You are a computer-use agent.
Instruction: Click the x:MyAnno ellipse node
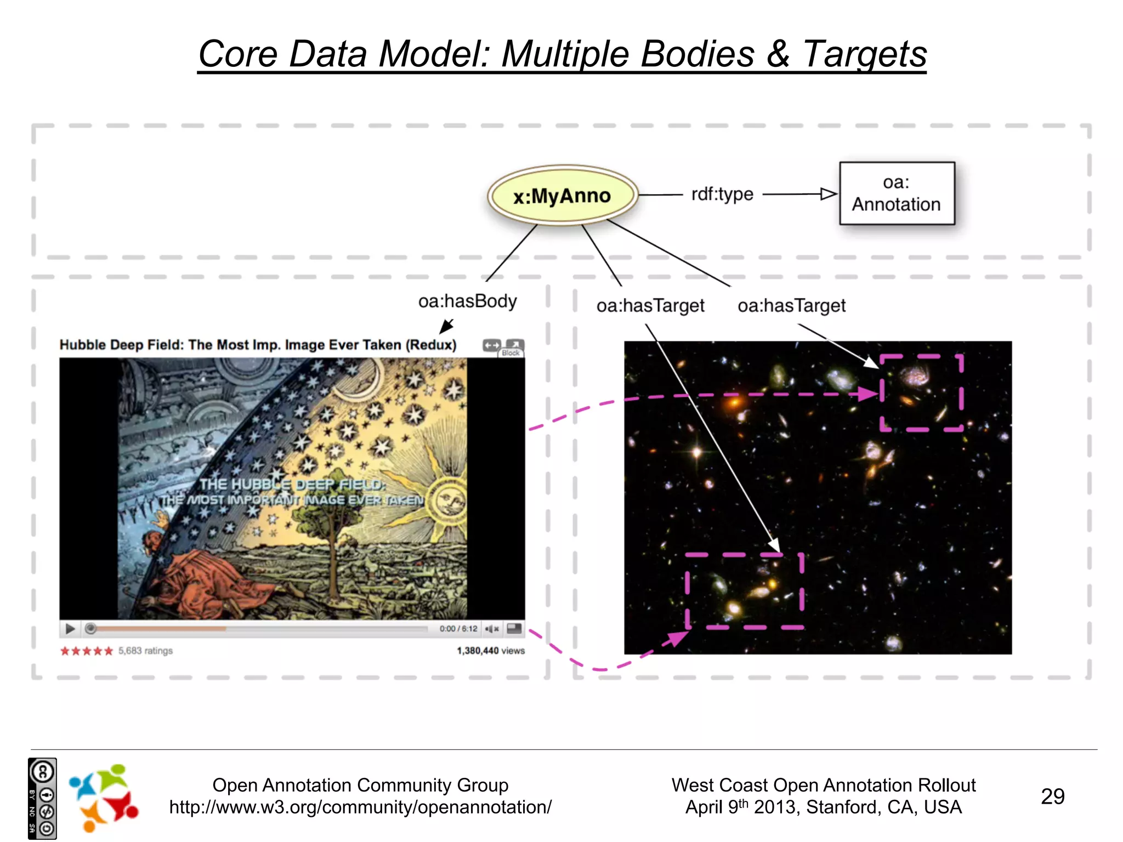[x=562, y=196]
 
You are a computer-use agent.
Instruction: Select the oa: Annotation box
[x=897, y=194]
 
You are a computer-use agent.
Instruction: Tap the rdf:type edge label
[x=722, y=194]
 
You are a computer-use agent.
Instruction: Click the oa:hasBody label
[x=467, y=301]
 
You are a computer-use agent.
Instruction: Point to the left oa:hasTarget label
[x=650, y=305]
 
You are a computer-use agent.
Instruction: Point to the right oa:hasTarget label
[x=791, y=305]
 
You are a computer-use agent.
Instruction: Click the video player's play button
[x=70, y=629]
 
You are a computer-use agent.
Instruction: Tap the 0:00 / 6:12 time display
[x=458, y=629]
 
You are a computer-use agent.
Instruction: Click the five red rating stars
[x=86, y=651]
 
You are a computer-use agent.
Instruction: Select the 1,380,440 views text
[x=491, y=651]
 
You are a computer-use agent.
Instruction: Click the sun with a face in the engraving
[x=449, y=500]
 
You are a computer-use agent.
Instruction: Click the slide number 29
[x=1052, y=797]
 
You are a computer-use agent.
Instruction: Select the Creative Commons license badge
[x=42, y=799]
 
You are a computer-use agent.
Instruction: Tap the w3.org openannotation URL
[x=360, y=807]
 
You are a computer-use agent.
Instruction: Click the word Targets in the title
[x=865, y=54]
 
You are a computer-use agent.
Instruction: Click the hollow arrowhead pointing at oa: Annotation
[x=829, y=194]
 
